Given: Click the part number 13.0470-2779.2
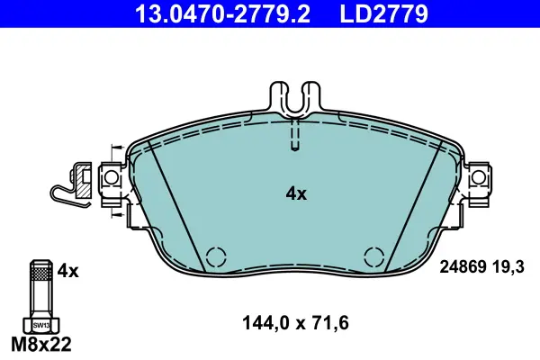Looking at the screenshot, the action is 223,13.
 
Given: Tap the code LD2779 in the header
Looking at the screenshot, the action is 384,13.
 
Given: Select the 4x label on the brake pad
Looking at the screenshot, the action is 296,194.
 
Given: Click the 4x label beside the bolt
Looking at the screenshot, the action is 67,271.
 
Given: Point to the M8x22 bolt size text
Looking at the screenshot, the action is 41,344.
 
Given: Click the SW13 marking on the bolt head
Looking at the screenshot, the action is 41,325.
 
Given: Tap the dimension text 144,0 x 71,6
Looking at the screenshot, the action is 295,323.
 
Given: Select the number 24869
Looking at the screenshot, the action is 463,266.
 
